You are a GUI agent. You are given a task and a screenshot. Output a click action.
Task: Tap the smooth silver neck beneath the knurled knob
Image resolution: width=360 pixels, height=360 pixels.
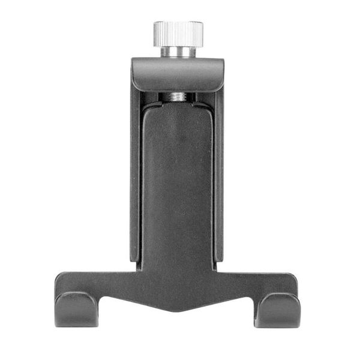[178, 50]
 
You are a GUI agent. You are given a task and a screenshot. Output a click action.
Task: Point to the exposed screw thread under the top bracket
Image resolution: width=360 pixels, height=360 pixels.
[177, 96]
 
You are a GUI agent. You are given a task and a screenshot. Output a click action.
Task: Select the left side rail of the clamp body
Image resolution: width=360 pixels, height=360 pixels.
[136, 180]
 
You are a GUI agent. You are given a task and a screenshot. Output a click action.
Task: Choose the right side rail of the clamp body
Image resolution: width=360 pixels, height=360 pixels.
[219, 180]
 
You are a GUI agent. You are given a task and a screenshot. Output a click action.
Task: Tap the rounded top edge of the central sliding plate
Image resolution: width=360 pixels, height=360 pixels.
[178, 106]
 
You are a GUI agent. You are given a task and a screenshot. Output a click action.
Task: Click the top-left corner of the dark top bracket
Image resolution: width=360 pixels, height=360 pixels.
[133, 60]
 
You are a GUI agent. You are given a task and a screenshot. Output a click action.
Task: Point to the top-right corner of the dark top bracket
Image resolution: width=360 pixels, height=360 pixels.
[223, 60]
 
